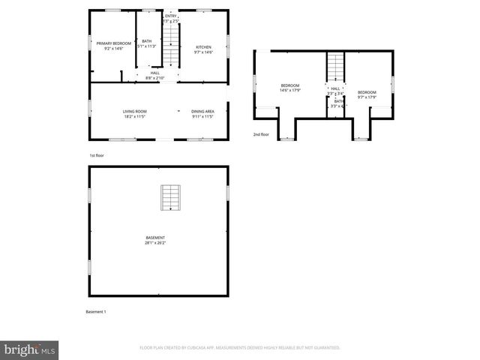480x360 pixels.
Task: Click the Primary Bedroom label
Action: tap(113, 43)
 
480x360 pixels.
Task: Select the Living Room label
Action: tap(134, 112)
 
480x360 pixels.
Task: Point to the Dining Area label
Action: tap(202, 112)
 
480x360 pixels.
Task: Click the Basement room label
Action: tap(155, 238)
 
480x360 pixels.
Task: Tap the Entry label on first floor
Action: tap(172, 15)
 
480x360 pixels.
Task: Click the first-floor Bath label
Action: tap(147, 40)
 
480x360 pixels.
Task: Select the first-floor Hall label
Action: tap(154, 73)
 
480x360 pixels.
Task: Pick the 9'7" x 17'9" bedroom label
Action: tap(367, 93)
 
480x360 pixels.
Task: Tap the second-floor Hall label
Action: tap(334, 88)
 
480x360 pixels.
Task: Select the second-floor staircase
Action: tap(334, 67)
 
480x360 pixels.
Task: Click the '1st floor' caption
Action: tap(96, 155)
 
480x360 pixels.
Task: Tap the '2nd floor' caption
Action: tap(260, 134)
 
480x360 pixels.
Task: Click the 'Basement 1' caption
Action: tap(97, 311)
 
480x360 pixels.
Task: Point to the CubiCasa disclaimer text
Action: tap(240, 347)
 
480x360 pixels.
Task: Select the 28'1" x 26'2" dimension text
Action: tap(155, 243)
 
